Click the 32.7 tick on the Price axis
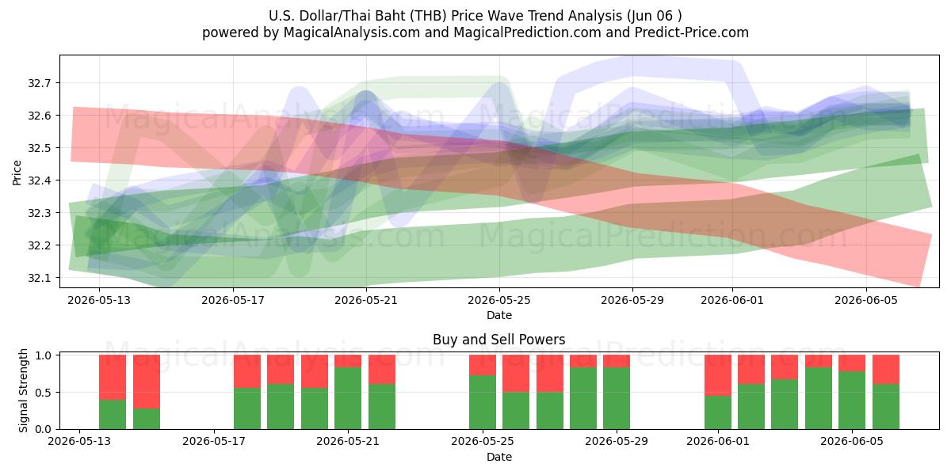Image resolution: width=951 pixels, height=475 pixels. (39, 83)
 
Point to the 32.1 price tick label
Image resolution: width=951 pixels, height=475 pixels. (39, 278)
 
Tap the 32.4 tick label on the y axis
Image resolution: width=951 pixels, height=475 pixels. (39, 180)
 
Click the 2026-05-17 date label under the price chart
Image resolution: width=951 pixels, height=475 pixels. (233, 300)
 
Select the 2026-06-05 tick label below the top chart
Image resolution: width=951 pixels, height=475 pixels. (866, 300)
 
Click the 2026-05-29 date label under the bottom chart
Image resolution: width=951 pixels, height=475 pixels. (617, 441)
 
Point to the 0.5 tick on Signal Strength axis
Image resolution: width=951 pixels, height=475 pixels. (44, 393)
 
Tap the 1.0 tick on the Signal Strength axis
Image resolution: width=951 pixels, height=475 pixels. (44, 355)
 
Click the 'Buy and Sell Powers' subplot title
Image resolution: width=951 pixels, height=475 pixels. (498, 340)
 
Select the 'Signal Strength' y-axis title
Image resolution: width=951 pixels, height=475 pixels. (23, 390)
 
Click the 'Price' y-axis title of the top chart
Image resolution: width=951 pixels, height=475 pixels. (17, 173)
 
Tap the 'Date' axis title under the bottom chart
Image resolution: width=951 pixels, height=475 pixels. (499, 457)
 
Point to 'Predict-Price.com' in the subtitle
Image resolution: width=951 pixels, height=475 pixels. (692, 32)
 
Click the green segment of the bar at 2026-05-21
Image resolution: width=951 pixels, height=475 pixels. (348, 398)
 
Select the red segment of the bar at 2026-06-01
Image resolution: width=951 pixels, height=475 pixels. (718, 375)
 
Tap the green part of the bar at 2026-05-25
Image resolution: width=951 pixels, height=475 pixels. (483, 402)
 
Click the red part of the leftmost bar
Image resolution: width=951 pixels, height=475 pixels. (113, 377)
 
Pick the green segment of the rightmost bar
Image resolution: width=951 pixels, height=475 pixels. (886, 406)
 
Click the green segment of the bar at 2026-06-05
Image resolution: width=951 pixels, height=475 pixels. (852, 400)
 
